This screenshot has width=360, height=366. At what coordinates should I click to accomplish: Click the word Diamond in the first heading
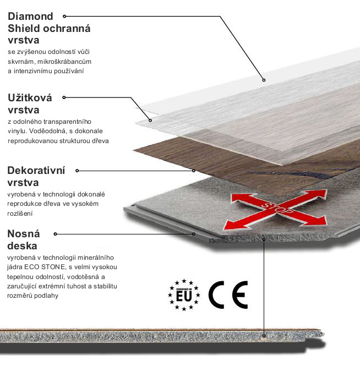pyautogui.click(x=31, y=17)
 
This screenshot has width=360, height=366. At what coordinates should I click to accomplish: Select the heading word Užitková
pyautogui.click(x=30, y=97)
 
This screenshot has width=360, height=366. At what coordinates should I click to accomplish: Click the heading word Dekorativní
pyautogui.click(x=36, y=171)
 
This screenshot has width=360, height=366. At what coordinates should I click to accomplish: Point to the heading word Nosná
pyautogui.click(x=24, y=234)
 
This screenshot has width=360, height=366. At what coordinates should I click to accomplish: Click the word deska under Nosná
pyautogui.click(x=22, y=246)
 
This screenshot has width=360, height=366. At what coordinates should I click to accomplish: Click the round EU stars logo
pyautogui.click(x=184, y=295)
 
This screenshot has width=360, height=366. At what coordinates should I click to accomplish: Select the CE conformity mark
pyautogui.click(x=228, y=295)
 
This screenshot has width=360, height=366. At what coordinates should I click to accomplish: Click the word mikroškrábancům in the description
pyautogui.click(x=64, y=62)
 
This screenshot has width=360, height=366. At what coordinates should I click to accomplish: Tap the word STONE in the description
pyautogui.click(x=53, y=267)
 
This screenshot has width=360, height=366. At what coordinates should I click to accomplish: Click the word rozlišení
pyautogui.click(x=20, y=214)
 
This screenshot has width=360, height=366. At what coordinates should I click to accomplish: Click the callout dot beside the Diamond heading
pyautogui.click(x=64, y=16)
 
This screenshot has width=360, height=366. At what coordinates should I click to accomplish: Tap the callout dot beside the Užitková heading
pyautogui.click(x=64, y=97)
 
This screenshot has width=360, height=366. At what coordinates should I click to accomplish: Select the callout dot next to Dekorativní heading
pyautogui.click(x=77, y=171)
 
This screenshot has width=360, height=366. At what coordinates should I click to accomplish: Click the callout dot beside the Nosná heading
pyautogui.click(x=56, y=234)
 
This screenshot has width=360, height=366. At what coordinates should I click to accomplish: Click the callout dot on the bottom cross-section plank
pyautogui.click(x=264, y=336)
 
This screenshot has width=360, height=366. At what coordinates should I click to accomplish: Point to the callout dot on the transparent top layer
pyautogui.click(x=264, y=80)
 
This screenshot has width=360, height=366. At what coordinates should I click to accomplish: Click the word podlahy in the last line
pyautogui.click(x=47, y=296)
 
